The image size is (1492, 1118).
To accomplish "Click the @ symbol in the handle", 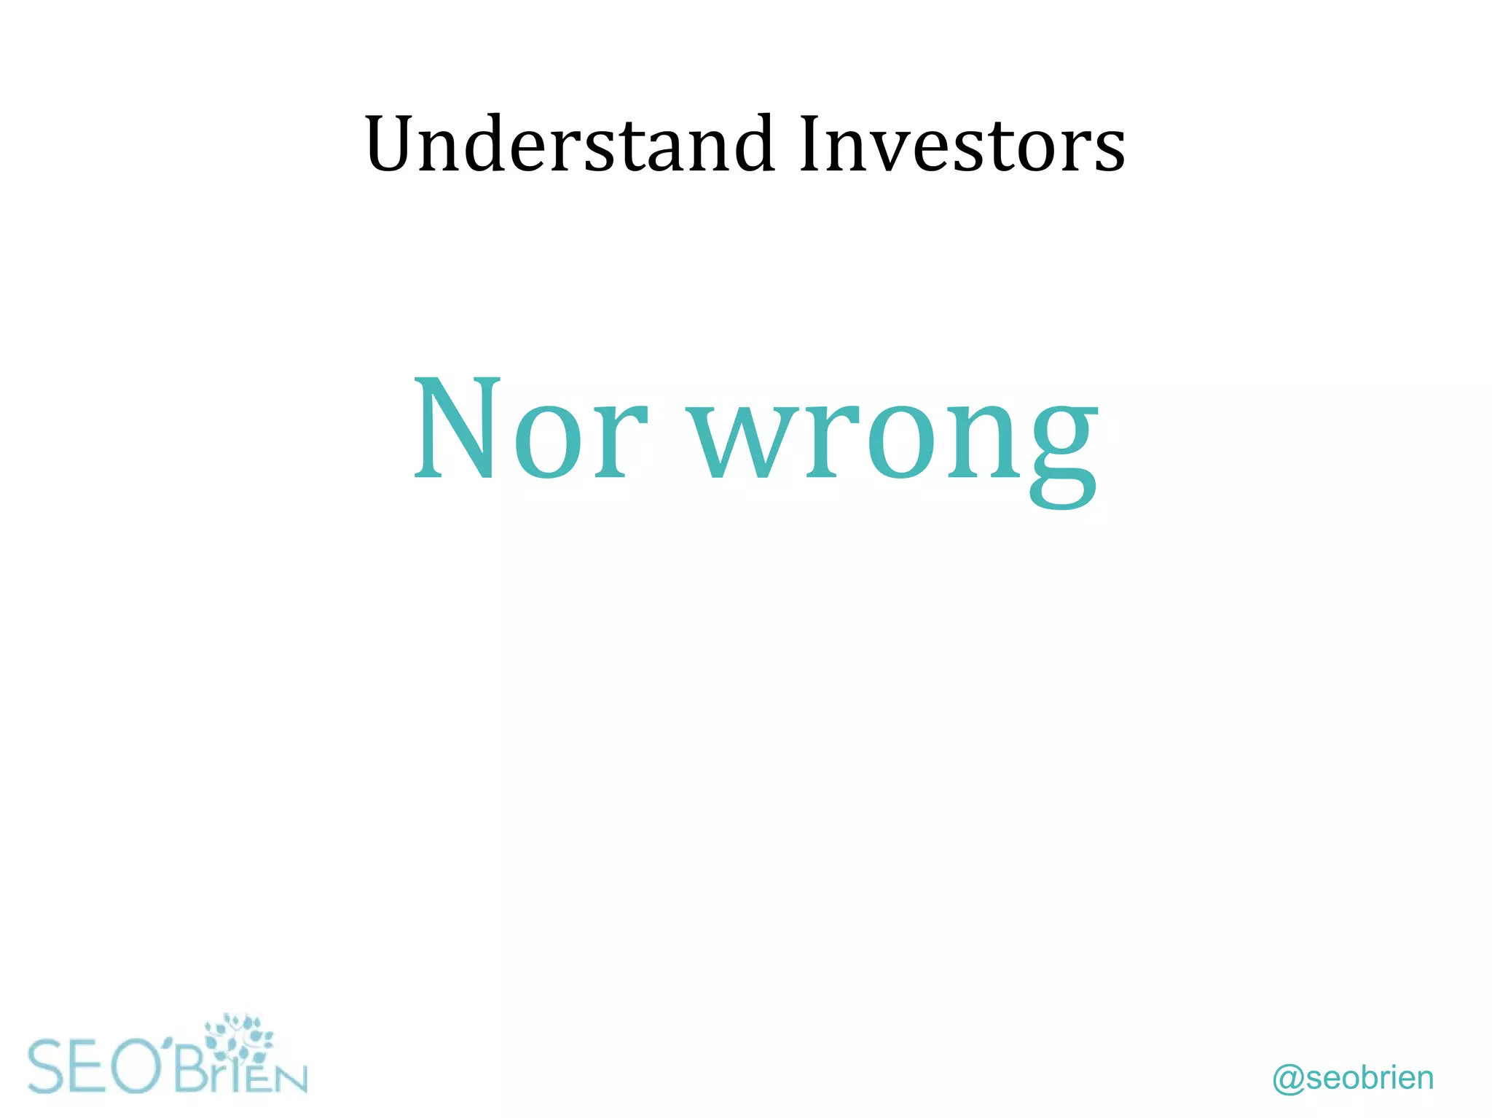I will (x=1288, y=1079).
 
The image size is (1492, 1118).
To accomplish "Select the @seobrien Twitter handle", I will (x=1353, y=1078).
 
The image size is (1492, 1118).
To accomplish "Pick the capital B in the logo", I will (x=192, y=1069).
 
